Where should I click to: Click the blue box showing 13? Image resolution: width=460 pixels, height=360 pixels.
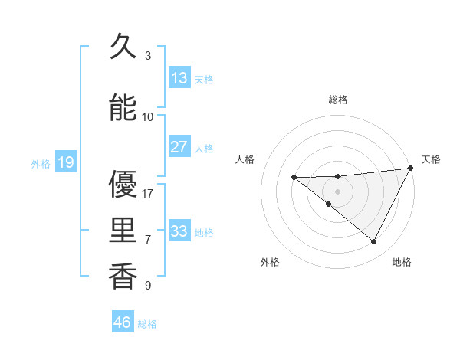coord(179,78)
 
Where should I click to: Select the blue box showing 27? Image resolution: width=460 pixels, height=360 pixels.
coord(179,147)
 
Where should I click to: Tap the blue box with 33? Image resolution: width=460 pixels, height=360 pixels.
coord(179,231)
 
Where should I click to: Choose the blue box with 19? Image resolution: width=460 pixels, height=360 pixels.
coord(65,162)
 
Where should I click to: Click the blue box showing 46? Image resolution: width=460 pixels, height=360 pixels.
coord(123,322)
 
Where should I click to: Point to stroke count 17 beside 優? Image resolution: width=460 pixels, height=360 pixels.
coord(148,193)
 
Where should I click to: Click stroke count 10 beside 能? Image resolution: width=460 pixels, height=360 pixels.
coord(148,116)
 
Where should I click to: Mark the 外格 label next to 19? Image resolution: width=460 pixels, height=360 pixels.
coord(41,163)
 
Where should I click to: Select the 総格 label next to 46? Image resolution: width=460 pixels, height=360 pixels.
coord(147,324)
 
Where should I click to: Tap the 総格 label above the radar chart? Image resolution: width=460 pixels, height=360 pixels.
coord(338,100)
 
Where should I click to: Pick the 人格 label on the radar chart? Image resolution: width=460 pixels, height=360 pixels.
coord(245,159)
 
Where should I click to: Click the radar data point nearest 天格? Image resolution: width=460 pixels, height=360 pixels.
coord(412,168)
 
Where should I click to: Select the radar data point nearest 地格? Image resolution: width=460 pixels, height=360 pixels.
coord(374,242)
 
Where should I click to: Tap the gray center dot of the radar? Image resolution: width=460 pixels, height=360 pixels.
coord(338,191)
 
